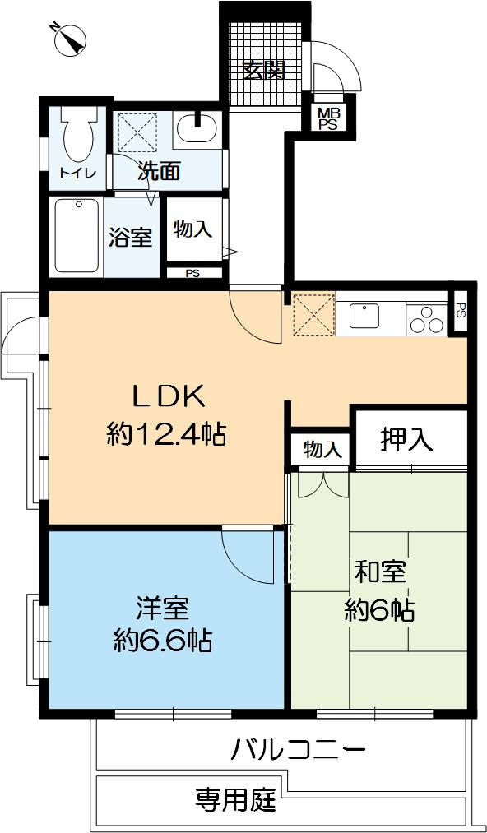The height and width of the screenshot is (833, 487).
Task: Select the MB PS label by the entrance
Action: click(328, 118)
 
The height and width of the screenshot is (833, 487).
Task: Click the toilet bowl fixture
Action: click(78, 135)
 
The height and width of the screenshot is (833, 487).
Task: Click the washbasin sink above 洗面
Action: click(196, 130)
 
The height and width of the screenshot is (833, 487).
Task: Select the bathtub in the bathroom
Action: click(77, 236)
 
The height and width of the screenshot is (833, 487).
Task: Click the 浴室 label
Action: click(130, 237)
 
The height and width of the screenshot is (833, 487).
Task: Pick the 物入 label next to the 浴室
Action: click(193, 229)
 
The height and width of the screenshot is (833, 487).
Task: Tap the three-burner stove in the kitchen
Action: click(423, 317)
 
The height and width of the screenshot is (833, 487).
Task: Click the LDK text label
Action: click(168, 396)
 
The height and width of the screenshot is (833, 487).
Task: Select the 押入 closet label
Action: click(406, 440)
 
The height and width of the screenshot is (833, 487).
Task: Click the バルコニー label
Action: click(297, 750)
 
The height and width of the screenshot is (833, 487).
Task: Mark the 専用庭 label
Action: click(234, 799)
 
